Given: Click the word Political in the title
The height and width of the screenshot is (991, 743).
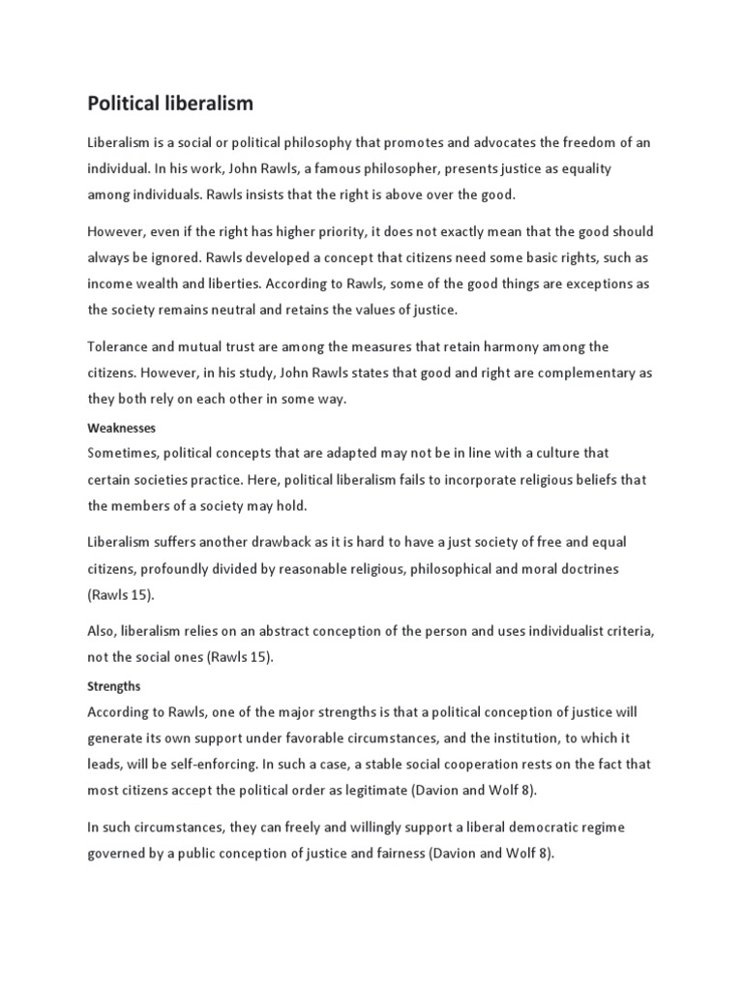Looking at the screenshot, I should tap(123, 103).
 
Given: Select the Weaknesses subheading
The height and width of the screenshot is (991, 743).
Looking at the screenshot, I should tap(121, 427).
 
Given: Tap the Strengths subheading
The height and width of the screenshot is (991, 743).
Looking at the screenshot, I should tap(114, 686).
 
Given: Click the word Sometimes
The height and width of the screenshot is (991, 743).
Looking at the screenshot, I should tap(123, 453).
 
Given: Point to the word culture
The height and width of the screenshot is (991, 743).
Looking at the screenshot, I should tap(555, 453).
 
